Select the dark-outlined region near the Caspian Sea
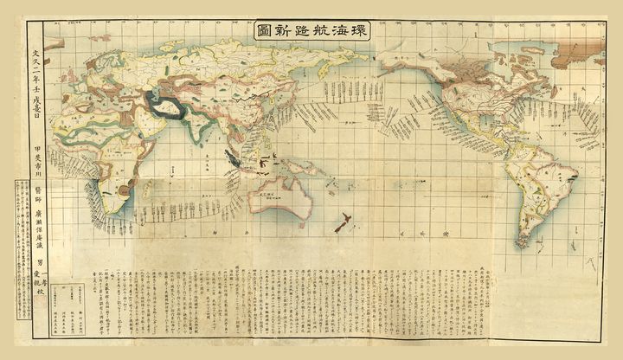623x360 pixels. click(x=170, y=105)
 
